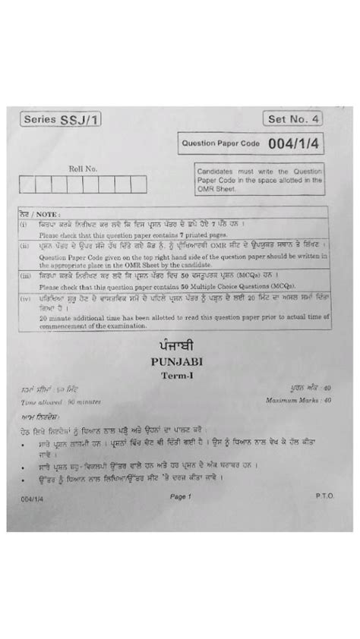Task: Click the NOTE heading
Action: (32, 215)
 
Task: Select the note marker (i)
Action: (24, 225)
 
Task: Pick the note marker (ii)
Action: (24, 246)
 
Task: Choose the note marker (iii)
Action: (25, 278)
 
